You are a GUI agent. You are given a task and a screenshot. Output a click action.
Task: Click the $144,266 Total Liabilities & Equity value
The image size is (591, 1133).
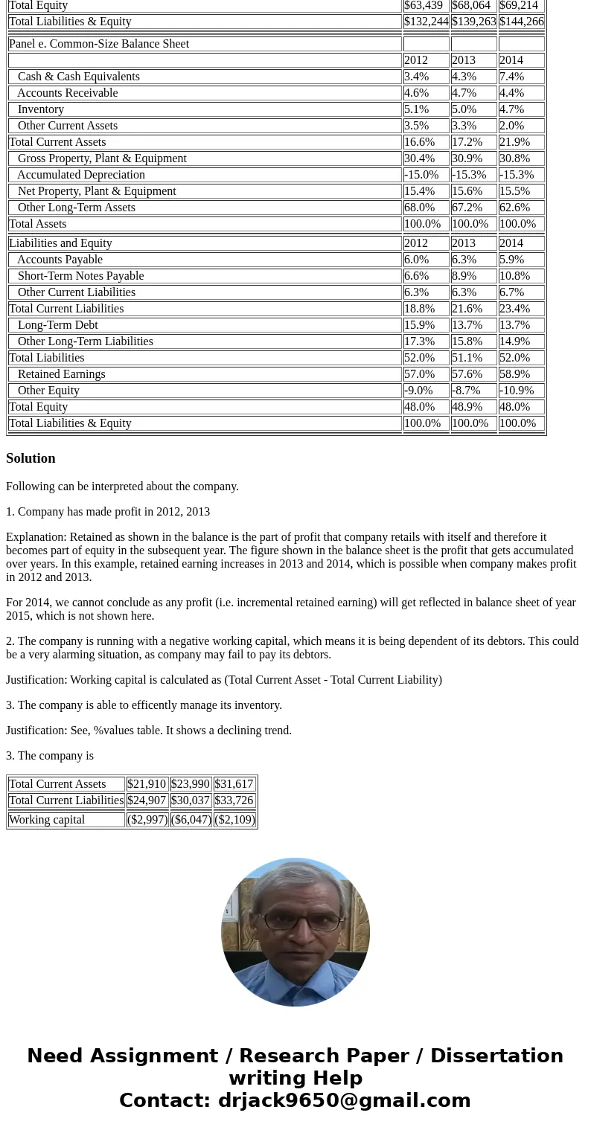coord(521,22)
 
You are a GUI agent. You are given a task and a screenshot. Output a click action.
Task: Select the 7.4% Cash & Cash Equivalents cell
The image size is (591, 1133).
coord(512,77)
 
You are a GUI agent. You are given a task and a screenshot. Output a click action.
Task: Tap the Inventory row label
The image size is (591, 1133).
coord(41,109)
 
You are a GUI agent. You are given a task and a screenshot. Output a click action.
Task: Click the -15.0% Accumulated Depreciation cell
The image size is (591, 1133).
coord(421,175)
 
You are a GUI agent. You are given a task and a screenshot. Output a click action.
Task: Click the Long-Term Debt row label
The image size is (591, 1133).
coord(57,325)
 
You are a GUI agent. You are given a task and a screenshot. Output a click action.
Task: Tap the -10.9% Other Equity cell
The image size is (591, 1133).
coord(517,391)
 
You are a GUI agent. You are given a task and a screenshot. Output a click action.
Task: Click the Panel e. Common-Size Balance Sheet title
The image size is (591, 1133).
coord(99,44)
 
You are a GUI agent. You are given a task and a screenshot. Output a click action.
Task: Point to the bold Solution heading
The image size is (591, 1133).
coord(31,458)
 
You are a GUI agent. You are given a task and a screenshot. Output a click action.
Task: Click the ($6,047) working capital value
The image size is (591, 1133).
coord(191,820)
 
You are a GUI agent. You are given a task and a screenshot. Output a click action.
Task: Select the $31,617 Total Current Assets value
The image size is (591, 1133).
coord(234,784)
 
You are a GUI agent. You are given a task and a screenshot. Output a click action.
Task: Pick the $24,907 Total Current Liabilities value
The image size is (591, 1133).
coord(147,800)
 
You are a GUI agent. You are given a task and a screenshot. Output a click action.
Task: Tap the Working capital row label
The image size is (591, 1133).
coord(47,820)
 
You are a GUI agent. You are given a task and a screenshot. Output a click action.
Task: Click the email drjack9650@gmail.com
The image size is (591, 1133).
coord(344,1101)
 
